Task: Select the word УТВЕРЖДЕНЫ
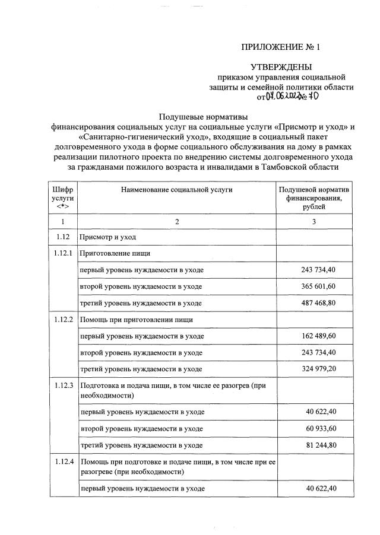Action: coord(281,67)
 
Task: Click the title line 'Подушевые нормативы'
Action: coord(202,116)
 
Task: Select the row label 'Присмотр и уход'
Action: coord(108,237)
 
